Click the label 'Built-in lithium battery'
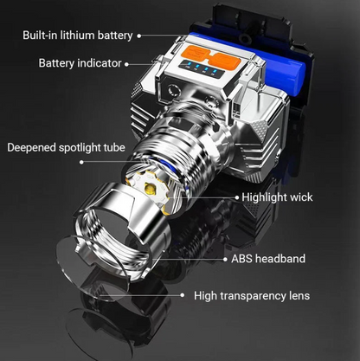click(x=78, y=35)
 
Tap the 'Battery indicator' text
click(x=80, y=63)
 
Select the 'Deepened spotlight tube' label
click(x=66, y=147)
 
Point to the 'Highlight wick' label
click(x=277, y=197)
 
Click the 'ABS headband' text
click(x=268, y=259)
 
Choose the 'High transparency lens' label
click(x=252, y=296)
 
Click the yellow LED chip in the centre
click(x=151, y=190)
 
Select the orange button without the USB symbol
click(x=224, y=61)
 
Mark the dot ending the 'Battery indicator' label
click(x=126, y=64)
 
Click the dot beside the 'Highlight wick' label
click(x=237, y=197)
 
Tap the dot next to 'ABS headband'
click(x=225, y=260)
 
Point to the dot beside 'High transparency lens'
click(x=182, y=295)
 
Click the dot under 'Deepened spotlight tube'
click(x=81, y=162)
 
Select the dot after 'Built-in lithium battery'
click(x=139, y=36)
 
